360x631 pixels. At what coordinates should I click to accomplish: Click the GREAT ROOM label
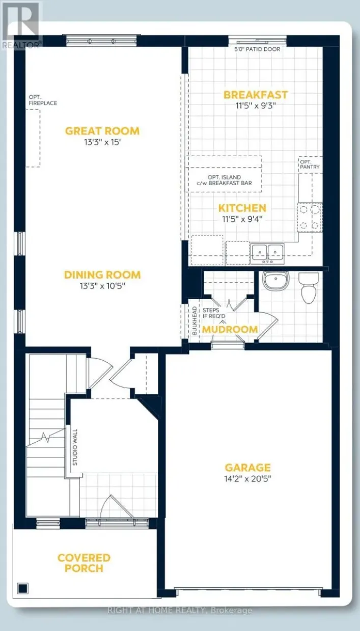tap(102, 131)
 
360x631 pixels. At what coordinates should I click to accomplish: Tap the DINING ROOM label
tap(102, 275)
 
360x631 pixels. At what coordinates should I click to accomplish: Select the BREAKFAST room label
tap(256, 95)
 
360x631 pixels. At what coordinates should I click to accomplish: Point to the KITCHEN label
tap(242, 208)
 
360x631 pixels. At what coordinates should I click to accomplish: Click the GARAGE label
tap(248, 468)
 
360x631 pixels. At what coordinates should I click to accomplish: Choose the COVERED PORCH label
tap(84, 563)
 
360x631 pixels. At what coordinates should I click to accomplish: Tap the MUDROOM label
tap(230, 329)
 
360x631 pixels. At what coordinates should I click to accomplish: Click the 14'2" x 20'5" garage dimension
tap(248, 479)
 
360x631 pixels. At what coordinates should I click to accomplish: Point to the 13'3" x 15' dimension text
tap(102, 142)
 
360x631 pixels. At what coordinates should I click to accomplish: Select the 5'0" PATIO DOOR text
tap(256, 49)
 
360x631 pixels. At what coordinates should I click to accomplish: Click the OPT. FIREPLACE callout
tap(43, 100)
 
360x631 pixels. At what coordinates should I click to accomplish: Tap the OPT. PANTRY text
tap(310, 163)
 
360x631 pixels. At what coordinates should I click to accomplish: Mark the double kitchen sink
tap(267, 252)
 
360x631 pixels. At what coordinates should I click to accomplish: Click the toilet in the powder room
tap(309, 288)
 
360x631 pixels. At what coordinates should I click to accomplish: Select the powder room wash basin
tap(275, 280)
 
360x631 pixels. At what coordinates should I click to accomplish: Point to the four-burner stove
tap(310, 218)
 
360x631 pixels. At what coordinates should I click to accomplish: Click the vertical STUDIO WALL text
tap(75, 450)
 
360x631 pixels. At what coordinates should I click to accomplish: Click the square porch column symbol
tap(22, 588)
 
